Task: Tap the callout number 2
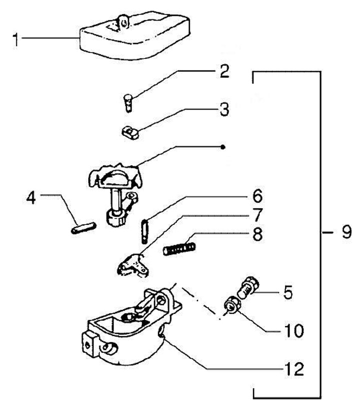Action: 224,71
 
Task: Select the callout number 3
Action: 224,109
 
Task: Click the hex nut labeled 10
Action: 231,303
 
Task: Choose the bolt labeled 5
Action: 248,287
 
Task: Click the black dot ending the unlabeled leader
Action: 223,147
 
